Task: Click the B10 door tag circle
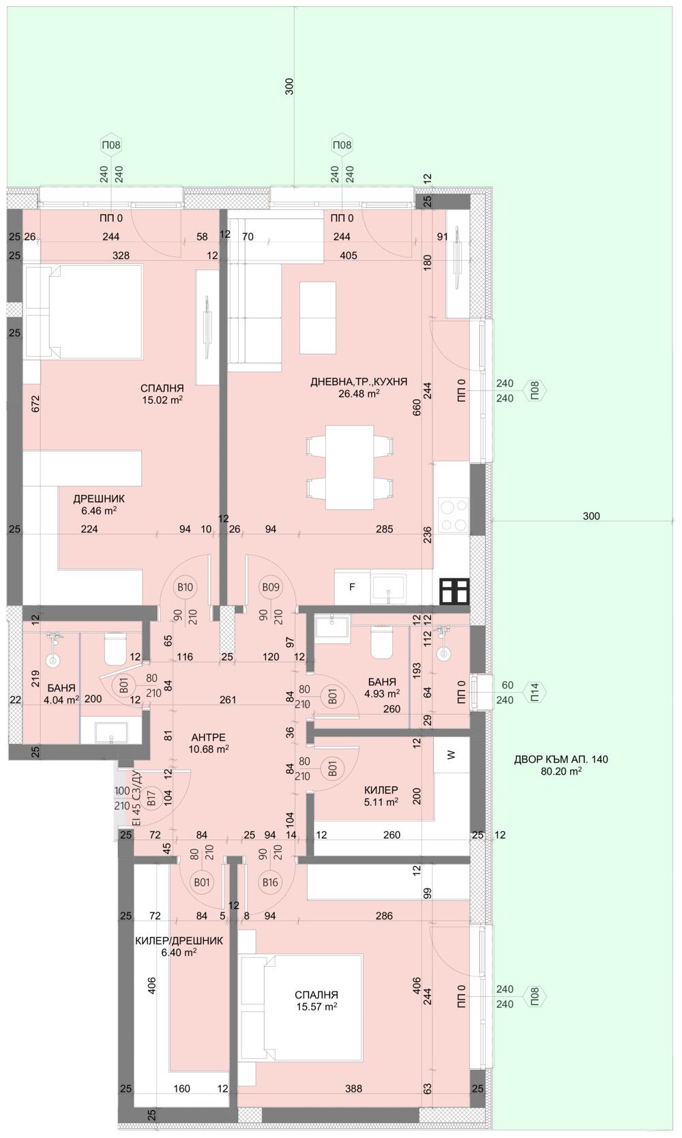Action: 185,587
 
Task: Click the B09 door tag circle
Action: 271,587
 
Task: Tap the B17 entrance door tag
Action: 152,797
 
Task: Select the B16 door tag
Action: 270,882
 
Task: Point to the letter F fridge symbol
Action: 352,586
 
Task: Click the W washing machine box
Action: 451,755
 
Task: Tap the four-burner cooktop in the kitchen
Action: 452,515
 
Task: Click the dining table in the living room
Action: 349,467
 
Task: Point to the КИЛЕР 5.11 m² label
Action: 381,796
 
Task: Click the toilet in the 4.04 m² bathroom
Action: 115,649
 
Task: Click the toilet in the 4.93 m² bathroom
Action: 382,643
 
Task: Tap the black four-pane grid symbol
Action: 454,591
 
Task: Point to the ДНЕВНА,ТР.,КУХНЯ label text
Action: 359,382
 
